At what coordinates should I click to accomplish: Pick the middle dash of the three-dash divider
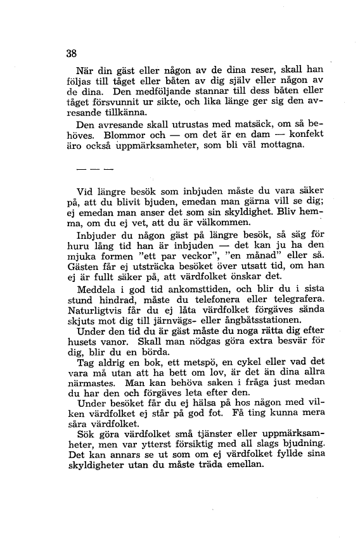(x=94, y=170)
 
